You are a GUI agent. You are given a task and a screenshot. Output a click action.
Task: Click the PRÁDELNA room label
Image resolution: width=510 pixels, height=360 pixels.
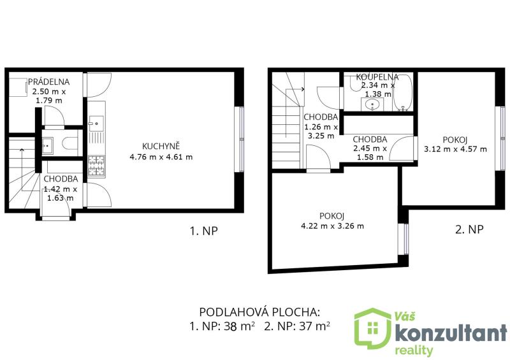(x=49, y=82)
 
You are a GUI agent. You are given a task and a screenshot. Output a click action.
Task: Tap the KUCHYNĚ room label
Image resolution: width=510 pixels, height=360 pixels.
(x=161, y=146)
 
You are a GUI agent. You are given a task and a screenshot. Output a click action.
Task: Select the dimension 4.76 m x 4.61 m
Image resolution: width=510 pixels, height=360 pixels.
(x=161, y=157)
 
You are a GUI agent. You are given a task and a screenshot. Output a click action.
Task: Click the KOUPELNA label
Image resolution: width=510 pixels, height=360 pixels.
(x=377, y=77)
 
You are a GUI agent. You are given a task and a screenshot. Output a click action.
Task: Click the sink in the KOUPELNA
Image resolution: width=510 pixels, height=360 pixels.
(x=372, y=104)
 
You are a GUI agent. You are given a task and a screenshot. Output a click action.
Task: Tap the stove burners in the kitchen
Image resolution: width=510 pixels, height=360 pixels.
(x=96, y=166)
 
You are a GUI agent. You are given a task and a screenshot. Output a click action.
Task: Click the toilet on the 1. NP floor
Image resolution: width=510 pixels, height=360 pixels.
(x=69, y=143)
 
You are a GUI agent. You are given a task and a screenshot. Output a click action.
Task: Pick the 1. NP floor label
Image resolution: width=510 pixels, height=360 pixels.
(x=203, y=231)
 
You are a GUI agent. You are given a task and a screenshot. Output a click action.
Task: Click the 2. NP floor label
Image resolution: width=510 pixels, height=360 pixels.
(x=469, y=229)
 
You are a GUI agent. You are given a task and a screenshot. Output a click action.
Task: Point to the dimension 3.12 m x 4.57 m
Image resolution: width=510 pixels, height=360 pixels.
(x=455, y=149)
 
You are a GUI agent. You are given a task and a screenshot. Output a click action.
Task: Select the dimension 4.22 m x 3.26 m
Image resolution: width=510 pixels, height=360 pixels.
(x=332, y=226)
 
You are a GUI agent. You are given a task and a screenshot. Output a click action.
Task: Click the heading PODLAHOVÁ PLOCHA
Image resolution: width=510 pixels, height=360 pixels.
(x=259, y=312)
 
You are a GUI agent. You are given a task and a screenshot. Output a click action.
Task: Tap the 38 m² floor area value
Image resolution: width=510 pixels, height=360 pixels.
(x=239, y=326)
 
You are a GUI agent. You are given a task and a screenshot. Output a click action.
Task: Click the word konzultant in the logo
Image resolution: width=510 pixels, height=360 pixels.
(x=451, y=333)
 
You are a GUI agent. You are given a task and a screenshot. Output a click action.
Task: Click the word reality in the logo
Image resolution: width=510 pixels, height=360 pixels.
(x=414, y=350)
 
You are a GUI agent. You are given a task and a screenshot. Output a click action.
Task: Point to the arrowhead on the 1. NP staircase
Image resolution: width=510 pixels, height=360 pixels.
(x=22, y=150)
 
